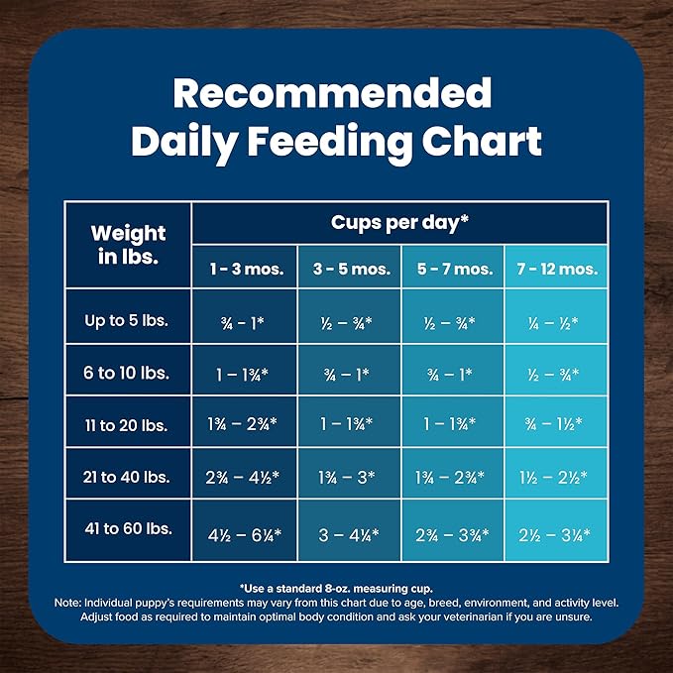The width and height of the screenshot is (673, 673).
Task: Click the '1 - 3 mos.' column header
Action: (244, 269)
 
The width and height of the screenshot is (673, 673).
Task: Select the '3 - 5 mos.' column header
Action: (350, 269)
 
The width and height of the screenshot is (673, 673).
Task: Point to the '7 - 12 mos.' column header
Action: (556, 269)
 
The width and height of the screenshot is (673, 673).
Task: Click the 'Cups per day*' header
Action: (399, 222)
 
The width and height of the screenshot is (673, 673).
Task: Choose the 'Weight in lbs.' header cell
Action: (128, 244)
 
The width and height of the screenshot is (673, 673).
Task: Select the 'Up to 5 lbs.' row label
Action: (128, 320)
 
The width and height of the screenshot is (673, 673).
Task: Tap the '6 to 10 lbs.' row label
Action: (128, 373)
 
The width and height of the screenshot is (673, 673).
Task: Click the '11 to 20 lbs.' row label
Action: (128, 424)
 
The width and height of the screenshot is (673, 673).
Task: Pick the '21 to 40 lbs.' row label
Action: (128, 477)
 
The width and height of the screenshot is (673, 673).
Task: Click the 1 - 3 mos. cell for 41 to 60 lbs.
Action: (244, 534)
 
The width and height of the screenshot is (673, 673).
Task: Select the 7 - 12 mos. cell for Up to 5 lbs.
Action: (556, 321)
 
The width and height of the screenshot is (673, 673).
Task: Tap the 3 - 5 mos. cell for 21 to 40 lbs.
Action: (350, 478)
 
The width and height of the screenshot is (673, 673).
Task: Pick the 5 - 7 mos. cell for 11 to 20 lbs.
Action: (453, 425)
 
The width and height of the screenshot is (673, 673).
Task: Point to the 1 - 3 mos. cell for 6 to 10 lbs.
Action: (244, 374)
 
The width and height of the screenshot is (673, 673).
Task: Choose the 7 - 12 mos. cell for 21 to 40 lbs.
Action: (556, 478)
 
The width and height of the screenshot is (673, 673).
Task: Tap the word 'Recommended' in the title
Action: (332, 93)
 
